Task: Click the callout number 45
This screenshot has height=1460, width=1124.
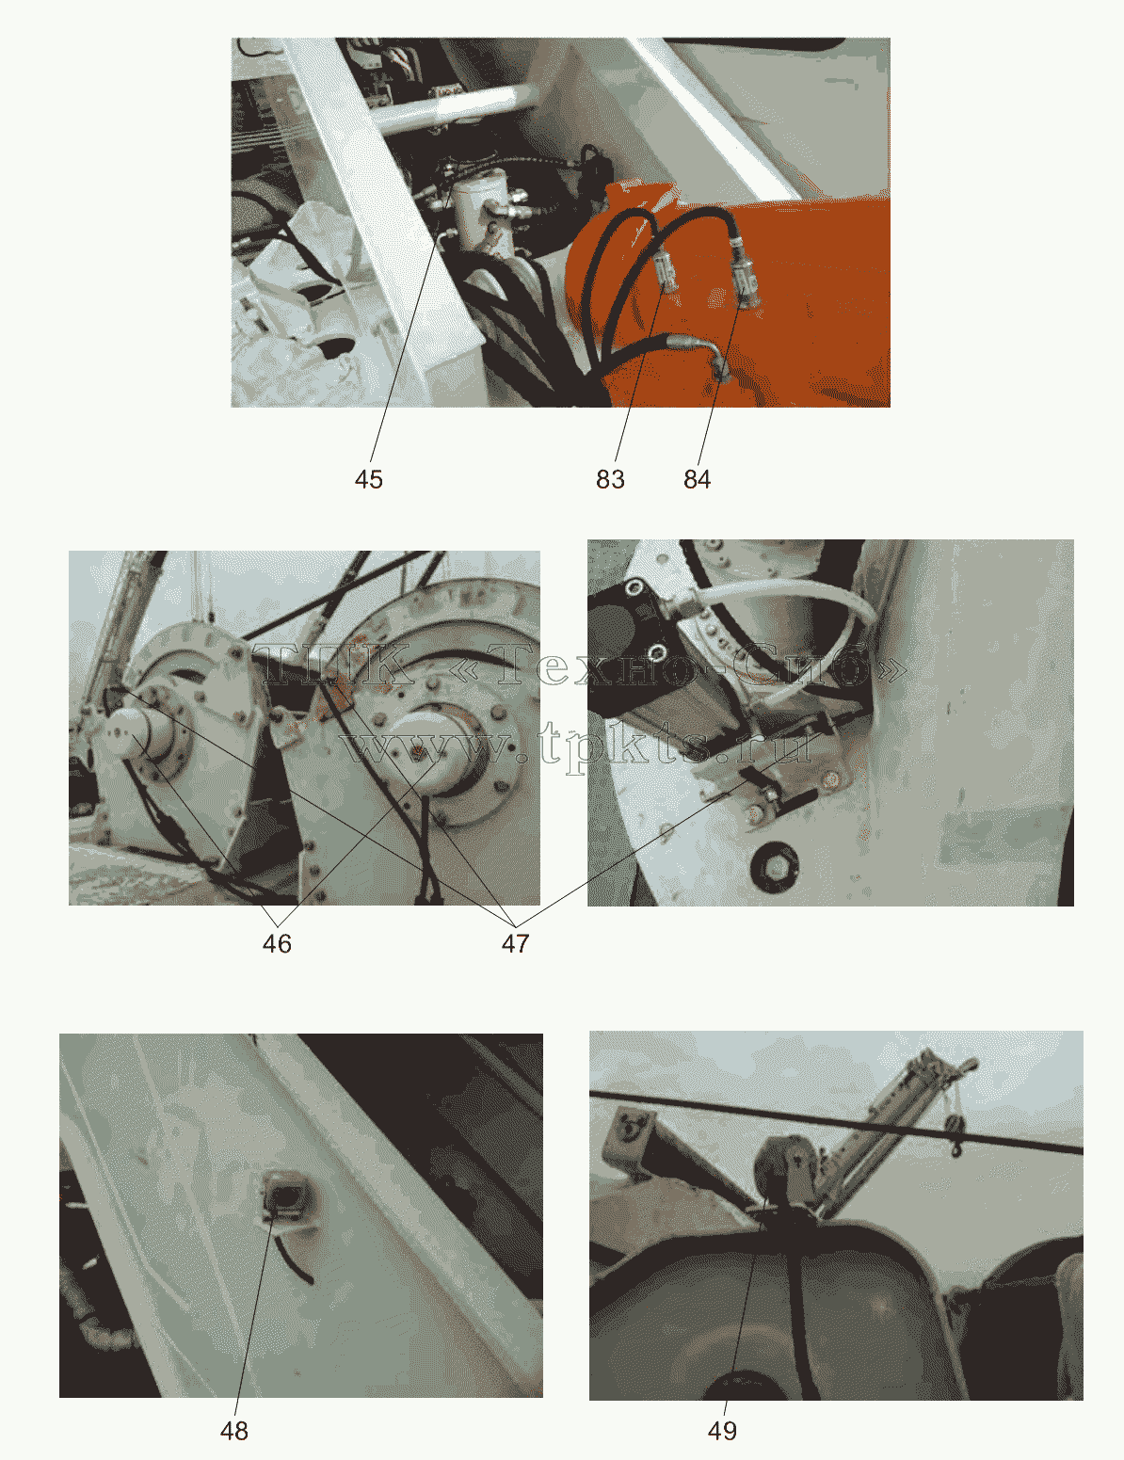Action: pyautogui.click(x=369, y=479)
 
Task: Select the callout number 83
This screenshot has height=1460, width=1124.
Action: pyautogui.click(x=610, y=479)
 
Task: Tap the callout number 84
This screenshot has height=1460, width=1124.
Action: pyautogui.click(x=697, y=479)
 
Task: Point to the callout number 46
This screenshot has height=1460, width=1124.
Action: pyautogui.click(x=277, y=943)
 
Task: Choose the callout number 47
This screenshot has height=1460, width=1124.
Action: pyautogui.click(x=515, y=943)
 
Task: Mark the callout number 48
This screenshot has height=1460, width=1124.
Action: pyautogui.click(x=233, y=1431)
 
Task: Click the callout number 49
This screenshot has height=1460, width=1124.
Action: pyautogui.click(x=722, y=1431)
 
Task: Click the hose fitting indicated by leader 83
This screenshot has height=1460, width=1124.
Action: pyautogui.click(x=666, y=272)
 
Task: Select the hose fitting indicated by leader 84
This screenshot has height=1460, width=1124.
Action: pyautogui.click(x=747, y=282)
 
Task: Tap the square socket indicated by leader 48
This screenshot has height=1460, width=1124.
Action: pyautogui.click(x=286, y=1198)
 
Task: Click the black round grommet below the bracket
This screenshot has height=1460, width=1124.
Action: pyautogui.click(x=775, y=868)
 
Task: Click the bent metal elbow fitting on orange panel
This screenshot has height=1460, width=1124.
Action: pyautogui.click(x=713, y=356)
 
